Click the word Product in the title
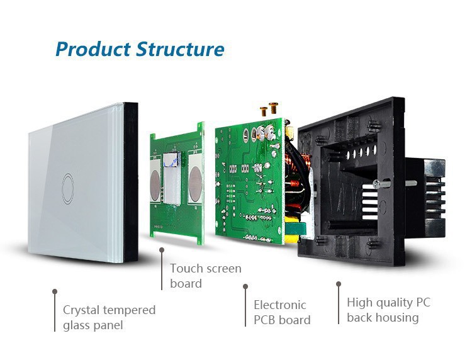(x=93, y=49)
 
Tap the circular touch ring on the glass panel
(x=67, y=183)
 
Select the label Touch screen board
(x=205, y=276)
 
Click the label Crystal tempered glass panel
(x=109, y=317)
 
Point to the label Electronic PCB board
(x=282, y=312)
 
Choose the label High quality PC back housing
(x=388, y=310)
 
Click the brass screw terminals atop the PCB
(x=268, y=110)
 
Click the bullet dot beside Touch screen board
(x=162, y=250)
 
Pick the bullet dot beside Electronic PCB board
(x=245, y=286)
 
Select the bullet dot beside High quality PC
(x=339, y=284)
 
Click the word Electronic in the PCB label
(x=279, y=305)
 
